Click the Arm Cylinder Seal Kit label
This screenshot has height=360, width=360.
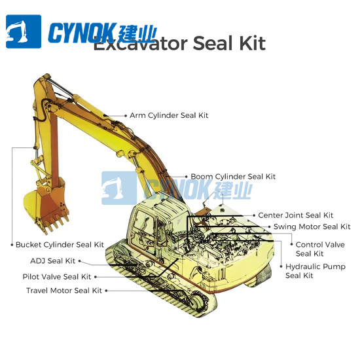pyautogui.click(x=169, y=115)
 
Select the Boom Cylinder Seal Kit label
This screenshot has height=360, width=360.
pyautogui.click(x=233, y=177)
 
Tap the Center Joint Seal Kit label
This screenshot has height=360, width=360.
pyautogui.click(x=295, y=215)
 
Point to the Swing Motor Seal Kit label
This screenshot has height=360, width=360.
pyautogui.click(x=312, y=227)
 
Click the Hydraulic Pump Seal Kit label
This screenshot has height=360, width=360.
pyautogui.click(x=315, y=271)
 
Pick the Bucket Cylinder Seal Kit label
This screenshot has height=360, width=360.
pyautogui.click(x=60, y=245)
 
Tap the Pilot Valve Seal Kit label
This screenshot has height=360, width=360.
pyautogui.click(x=57, y=277)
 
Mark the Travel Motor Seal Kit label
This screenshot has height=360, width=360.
pyautogui.click(x=64, y=290)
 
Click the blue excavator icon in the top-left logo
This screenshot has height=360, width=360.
pyautogui.click(x=24, y=32)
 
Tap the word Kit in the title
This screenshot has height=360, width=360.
pyautogui.click(x=252, y=45)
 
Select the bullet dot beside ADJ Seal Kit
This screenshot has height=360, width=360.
pyautogui.click(x=80, y=261)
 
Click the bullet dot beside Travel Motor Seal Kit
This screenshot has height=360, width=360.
pyautogui.click(x=106, y=290)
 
